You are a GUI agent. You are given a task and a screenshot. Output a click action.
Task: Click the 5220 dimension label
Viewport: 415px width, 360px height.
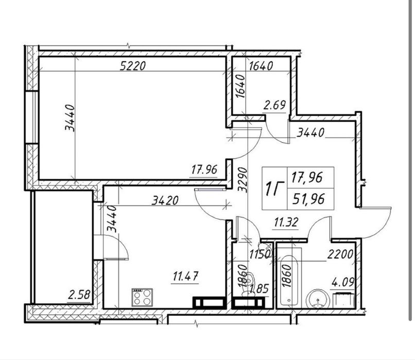133,65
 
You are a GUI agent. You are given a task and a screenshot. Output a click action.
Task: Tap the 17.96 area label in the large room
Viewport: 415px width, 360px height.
204,169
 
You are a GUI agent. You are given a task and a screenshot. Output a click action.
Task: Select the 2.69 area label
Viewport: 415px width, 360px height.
274,105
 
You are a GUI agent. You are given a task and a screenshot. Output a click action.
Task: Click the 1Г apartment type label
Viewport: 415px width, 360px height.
274,188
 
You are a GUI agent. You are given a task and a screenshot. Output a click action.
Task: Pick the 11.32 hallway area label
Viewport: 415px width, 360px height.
286,222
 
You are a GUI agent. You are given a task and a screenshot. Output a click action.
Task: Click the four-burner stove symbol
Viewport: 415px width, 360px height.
142,297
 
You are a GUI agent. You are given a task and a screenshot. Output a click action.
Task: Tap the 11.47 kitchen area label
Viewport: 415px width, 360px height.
185,277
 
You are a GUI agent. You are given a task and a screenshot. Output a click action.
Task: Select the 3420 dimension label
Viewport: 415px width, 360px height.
165,200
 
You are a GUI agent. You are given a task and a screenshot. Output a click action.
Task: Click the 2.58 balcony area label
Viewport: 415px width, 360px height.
79,295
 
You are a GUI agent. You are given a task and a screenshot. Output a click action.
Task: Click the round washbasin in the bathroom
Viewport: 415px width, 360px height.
318,299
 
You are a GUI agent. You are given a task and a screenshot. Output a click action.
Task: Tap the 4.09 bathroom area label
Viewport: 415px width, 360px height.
343,282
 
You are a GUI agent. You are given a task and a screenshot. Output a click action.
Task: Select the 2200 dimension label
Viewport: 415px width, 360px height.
340,254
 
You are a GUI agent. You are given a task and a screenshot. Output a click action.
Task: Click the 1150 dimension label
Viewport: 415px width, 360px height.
260,254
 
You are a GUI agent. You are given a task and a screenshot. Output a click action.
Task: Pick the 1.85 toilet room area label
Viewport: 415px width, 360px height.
260,288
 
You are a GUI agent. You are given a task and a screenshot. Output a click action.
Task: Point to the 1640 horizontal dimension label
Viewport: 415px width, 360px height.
261,66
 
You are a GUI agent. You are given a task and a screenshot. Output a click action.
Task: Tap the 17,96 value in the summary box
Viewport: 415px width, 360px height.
307,177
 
